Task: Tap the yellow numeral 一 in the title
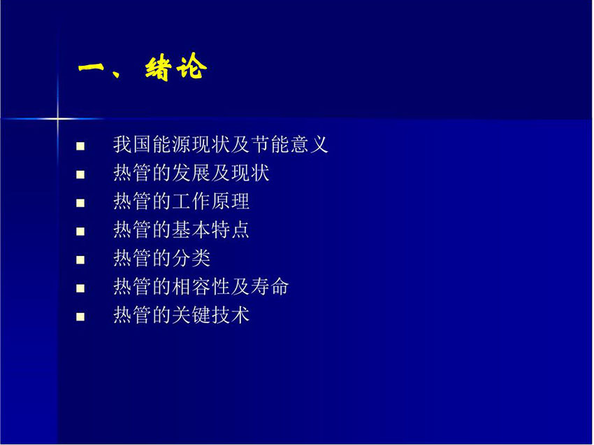tap(92, 68)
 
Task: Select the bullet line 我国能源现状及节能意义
tap(220, 145)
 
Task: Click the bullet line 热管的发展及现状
tap(191, 173)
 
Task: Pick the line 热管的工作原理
tap(182, 202)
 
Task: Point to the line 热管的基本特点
tap(182, 230)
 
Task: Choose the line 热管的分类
tap(161, 258)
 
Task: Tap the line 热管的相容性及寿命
tap(201, 287)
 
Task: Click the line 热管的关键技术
tap(182, 316)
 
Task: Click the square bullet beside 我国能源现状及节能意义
tap(80, 146)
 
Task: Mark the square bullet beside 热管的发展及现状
tap(80, 174)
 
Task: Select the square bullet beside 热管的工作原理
tap(80, 203)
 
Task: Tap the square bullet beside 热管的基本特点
tap(80, 232)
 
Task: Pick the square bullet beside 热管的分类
tap(80, 260)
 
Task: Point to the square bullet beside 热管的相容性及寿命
tap(80, 288)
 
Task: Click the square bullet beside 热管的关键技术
tap(80, 317)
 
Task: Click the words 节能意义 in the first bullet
tap(289, 145)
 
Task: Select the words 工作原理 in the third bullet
tap(211, 202)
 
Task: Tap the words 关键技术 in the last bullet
tap(211, 316)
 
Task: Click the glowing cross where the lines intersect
tap(58, 119)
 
